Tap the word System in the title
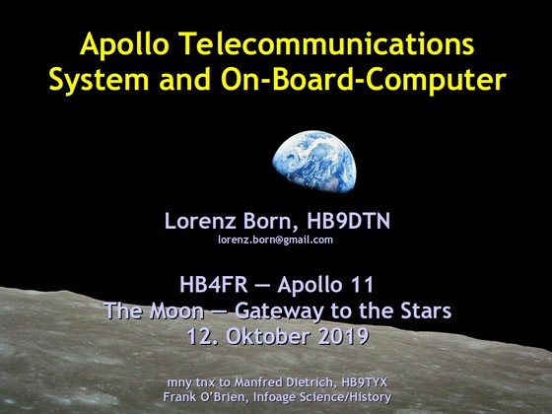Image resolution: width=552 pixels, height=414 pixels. point(99,81)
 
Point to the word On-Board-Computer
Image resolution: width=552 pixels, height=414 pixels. point(364,81)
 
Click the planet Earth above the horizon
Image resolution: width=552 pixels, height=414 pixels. point(314,162)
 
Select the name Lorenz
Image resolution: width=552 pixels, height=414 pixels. point(200,222)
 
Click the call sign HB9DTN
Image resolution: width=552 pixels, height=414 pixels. point(348,222)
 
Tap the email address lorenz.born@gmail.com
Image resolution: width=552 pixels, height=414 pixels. point(275,241)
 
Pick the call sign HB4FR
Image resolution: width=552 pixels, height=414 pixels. point(214,285)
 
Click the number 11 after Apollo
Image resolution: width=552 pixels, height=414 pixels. point(365,285)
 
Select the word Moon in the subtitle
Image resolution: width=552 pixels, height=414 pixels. point(177,310)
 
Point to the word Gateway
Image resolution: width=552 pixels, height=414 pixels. point(279,311)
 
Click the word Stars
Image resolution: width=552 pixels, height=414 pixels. point(426,310)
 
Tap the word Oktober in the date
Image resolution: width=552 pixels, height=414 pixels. point(268,336)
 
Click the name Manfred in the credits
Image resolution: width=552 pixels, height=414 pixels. point(255,382)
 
